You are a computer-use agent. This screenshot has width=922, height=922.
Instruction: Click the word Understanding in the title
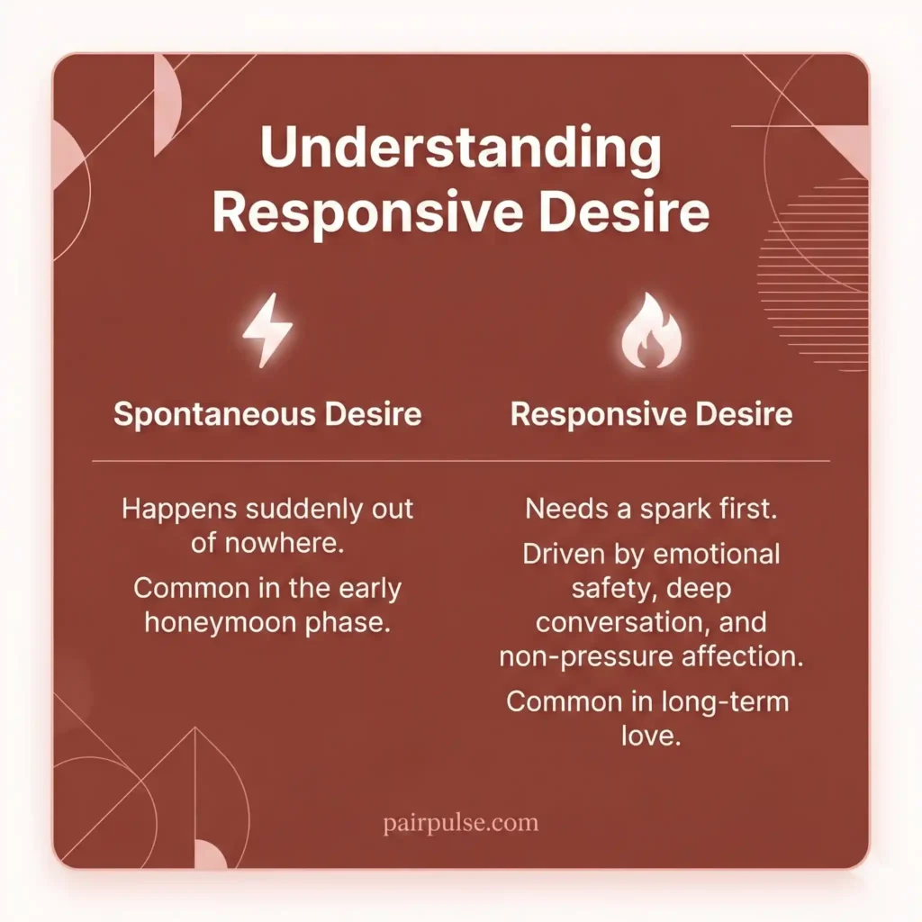460,151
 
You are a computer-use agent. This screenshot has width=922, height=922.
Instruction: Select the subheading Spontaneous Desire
267,414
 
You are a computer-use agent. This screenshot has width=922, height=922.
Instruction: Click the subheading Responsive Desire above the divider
652,414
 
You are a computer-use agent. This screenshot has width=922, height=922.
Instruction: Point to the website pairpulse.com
460,822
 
